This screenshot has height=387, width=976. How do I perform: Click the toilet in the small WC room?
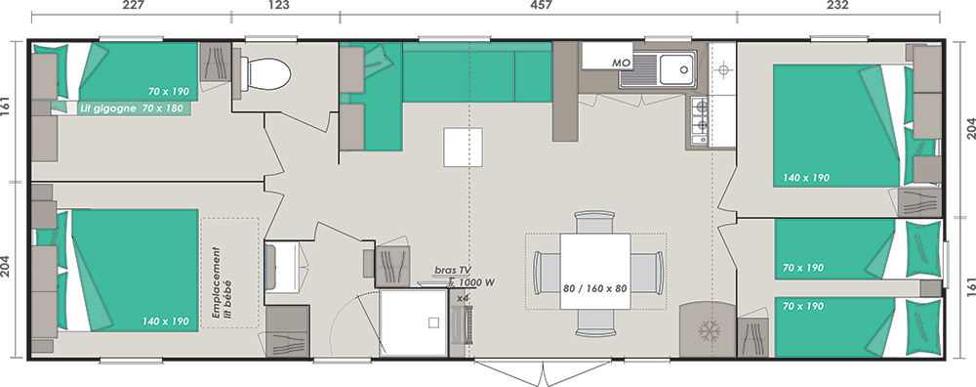coord(265,74)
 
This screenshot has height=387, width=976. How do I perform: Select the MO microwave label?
coord(621,63)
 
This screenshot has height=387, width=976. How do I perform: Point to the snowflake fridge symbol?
coord(709,331)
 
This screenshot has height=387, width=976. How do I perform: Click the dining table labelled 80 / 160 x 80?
coord(595,271)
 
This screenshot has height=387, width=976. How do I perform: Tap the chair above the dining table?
coord(595,222)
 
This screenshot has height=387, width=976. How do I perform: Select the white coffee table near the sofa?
coord(463,147)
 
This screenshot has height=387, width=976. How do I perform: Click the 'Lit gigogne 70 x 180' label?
coord(133,108)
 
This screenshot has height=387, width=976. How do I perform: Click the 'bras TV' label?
coord(453,270)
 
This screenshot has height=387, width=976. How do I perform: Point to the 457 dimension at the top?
coord(540,6)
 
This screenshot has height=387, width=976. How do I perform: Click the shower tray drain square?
coord(434,322)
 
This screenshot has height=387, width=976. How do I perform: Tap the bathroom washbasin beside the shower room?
coord(284,267)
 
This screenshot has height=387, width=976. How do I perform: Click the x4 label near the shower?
coord(463,299)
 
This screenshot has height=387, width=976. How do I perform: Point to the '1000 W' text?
coord(478,282)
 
